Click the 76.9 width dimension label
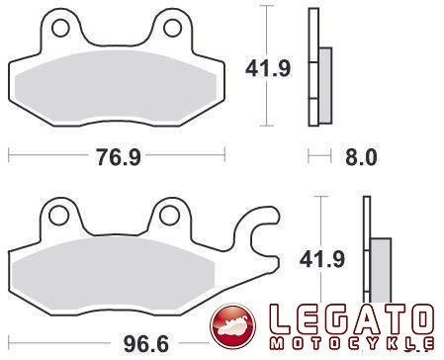tap(117, 155)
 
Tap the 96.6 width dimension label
tap(143, 343)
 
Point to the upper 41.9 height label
tap(266, 69)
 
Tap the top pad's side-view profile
tap(316, 69)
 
